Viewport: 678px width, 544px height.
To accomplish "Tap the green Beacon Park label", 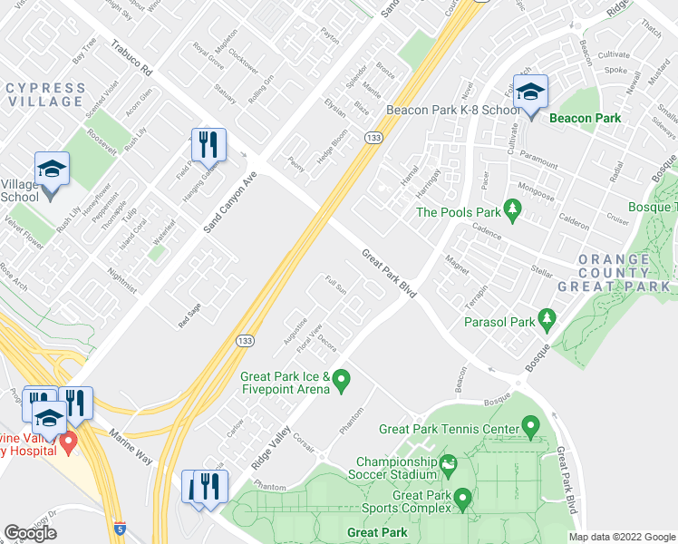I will [x=584, y=118].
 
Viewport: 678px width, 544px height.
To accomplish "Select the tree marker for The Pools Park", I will [x=513, y=212].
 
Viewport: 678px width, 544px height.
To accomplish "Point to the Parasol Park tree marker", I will [x=547, y=320].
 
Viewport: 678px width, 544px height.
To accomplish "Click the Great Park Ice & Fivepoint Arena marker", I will [x=341, y=383].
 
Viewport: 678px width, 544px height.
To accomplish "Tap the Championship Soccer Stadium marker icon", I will [x=447, y=468].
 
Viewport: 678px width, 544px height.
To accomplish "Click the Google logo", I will [x=31, y=533].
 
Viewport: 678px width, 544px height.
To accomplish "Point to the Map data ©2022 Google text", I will [x=622, y=537].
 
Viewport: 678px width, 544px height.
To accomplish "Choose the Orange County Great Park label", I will [x=625, y=272].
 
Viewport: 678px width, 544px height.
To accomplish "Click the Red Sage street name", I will [x=190, y=316].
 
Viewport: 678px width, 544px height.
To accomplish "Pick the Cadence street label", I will [x=486, y=232].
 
